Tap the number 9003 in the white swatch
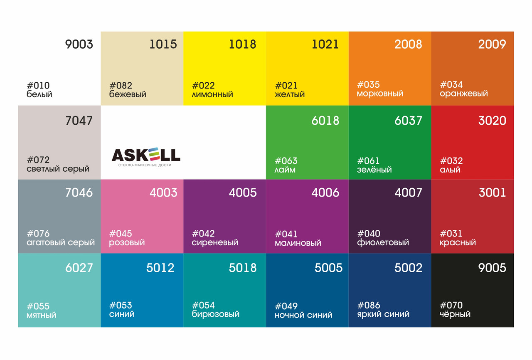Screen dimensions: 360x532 click(x=79, y=44)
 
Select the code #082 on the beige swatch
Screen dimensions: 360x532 click(x=121, y=86)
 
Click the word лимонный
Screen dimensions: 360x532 click(x=212, y=95)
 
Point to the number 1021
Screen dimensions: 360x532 click(x=325, y=44)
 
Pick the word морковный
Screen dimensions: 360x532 click(x=380, y=94)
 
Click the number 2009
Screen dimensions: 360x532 click(x=492, y=44)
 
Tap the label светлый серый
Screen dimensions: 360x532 click(x=58, y=169)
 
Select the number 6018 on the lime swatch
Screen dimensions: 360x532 click(x=325, y=121)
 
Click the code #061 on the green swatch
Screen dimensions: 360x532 click(x=369, y=161)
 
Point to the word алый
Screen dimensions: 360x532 click(x=450, y=170)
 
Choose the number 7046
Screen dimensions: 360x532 click(x=79, y=193)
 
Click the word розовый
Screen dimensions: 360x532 click(x=127, y=243)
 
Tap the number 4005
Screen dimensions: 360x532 click(x=243, y=193)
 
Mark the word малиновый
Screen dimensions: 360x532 click(x=298, y=243)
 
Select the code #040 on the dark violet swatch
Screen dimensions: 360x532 click(x=369, y=234)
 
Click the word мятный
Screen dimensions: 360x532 click(x=41, y=316)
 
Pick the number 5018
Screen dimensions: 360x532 click(x=243, y=268)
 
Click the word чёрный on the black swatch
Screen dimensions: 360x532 click(x=455, y=314)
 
